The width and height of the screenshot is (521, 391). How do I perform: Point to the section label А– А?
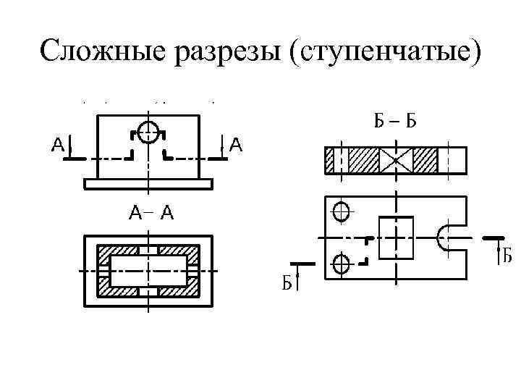pos(152,213)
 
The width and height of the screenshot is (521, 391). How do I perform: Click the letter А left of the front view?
pos(57,146)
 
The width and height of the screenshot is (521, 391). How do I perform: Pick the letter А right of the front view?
pos(236,146)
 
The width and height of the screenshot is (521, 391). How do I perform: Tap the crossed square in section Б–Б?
pos(396,159)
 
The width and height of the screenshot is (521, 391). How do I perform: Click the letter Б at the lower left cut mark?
pos(287,282)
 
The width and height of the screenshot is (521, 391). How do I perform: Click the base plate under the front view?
pos(148,184)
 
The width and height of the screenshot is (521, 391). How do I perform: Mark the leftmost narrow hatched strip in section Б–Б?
pos(330,159)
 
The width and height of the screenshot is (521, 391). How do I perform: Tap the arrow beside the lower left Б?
pos(297,277)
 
